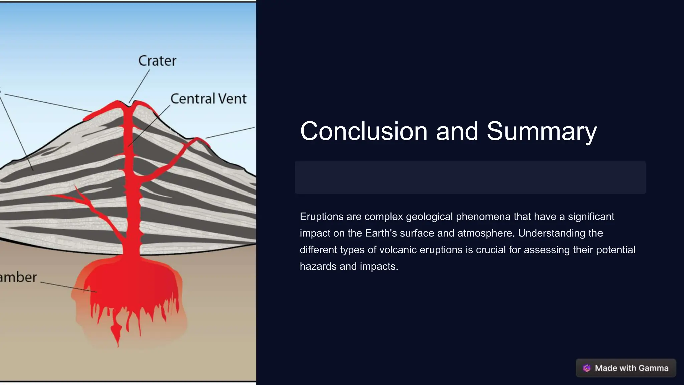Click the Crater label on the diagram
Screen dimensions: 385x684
click(x=157, y=61)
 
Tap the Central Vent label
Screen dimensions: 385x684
click(x=208, y=99)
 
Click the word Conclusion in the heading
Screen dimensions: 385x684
click(x=364, y=131)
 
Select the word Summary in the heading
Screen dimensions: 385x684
click(x=541, y=131)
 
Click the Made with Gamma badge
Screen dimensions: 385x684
click(x=626, y=368)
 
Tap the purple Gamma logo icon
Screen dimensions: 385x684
click(x=587, y=368)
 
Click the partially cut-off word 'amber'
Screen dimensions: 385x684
click(x=18, y=277)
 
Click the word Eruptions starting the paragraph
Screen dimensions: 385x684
click(x=321, y=217)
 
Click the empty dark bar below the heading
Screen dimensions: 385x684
click(x=470, y=177)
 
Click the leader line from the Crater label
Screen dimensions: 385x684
click(x=140, y=85)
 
